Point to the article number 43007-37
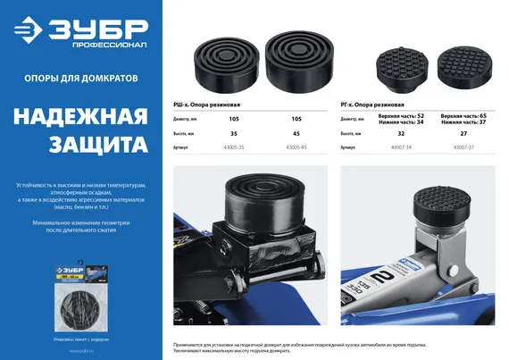point(464,147)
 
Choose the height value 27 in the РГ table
point(465,133)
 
